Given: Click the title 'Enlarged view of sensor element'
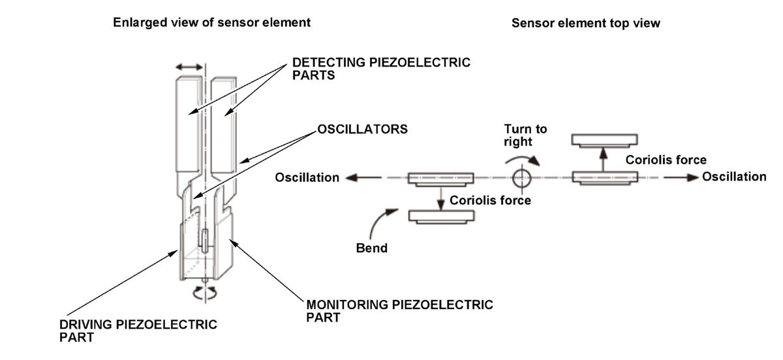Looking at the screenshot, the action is pyautogui.click(x=211, y=23).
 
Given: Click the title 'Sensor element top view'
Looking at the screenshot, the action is pyautogui.click(x=586, y=23).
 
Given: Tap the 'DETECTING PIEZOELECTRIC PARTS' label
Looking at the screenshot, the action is pyautogui.click(x=381, y=69).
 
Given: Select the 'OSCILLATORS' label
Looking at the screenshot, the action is pyautogui.click(x=362, y=129).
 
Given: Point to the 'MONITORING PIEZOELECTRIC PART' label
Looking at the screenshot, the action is pyautogui.click(x=399, y=311).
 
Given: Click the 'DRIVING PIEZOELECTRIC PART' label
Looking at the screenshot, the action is pyautogui.click(x=138, y=331).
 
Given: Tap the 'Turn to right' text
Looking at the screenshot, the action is pyautogui.click(x=525, y=135).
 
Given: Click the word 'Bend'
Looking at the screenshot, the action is pyautogui.click(x=371, y=248).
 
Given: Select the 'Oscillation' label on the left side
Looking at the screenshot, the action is pyautogui.click(x=307, y=177).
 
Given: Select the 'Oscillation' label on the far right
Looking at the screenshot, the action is pyautogui.click(x=734, y=177).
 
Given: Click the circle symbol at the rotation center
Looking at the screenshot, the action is pyautogui.click(x=522, y=178).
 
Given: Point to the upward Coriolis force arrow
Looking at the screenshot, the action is pyautogui.click(x=603, y=160).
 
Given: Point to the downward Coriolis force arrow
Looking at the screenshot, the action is pyautogui.click(x=441, y=199).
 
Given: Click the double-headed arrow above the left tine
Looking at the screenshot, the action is pyautogui.click(x=189, y=67).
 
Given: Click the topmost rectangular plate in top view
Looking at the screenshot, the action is pyautogui.click(x=604, y=140).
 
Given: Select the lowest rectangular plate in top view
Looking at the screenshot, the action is pyautogui.click(x=442, y=217).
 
